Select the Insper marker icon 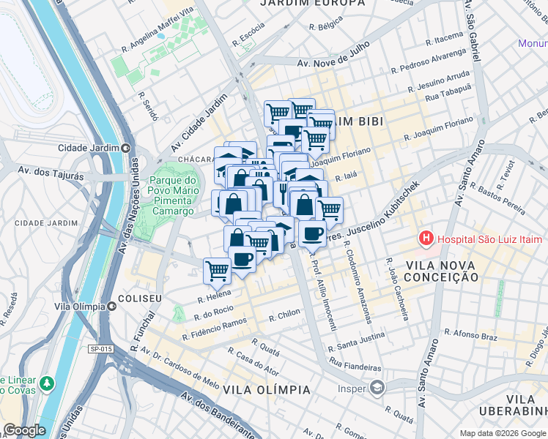pyautogui.click(x=377, y=388)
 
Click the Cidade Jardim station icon pyautogui.click(x=125, y=148)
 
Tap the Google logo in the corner pyautogui.click(x=25, y=430)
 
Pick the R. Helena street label pyautogui.click(x=214, y=299)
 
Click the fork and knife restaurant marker pyautogui.click(x=283, y=192)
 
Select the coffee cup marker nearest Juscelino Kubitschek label pyautogui.click(x=312, y=233)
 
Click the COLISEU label pyautogui.click(x=139, y=299)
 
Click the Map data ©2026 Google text pyautogui.click(x=501, y=433)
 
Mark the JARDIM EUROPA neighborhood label pyautogui.click(x=313, y=4)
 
